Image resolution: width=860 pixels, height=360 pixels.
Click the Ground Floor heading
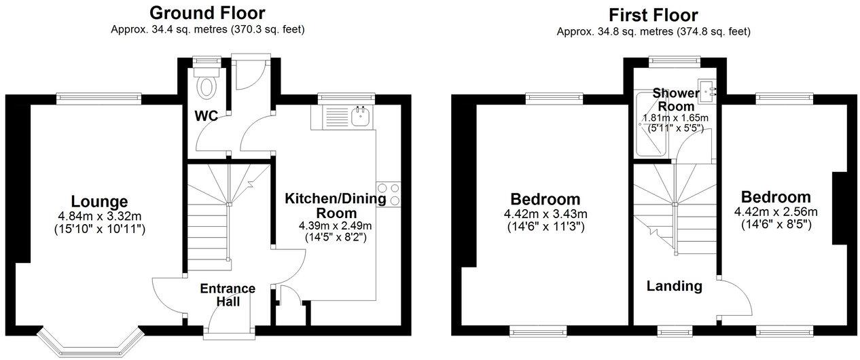[x=207, y=12]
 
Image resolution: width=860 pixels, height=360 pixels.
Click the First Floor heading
[x=653, y=14]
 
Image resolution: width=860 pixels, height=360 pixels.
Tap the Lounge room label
[x=99, y=202]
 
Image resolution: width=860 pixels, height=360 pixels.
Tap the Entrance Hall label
[x=228, y=295]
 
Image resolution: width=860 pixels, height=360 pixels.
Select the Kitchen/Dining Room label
[x=336, y=206]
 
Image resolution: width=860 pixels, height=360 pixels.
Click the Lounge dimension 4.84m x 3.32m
[x=99, y=217]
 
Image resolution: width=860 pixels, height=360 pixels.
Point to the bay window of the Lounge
[x=89, y=342]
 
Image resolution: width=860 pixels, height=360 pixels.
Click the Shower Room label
[x=675, y=100]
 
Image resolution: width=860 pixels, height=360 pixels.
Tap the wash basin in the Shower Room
[x=711, y=90]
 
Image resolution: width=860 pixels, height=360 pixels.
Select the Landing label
[x=674, y=286]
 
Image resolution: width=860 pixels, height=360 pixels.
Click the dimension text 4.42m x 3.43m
[x=545, y=214]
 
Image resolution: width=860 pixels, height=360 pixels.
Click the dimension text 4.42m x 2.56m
[x=776, y=211]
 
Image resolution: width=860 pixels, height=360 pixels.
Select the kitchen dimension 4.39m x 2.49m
[x=336, y=226]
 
